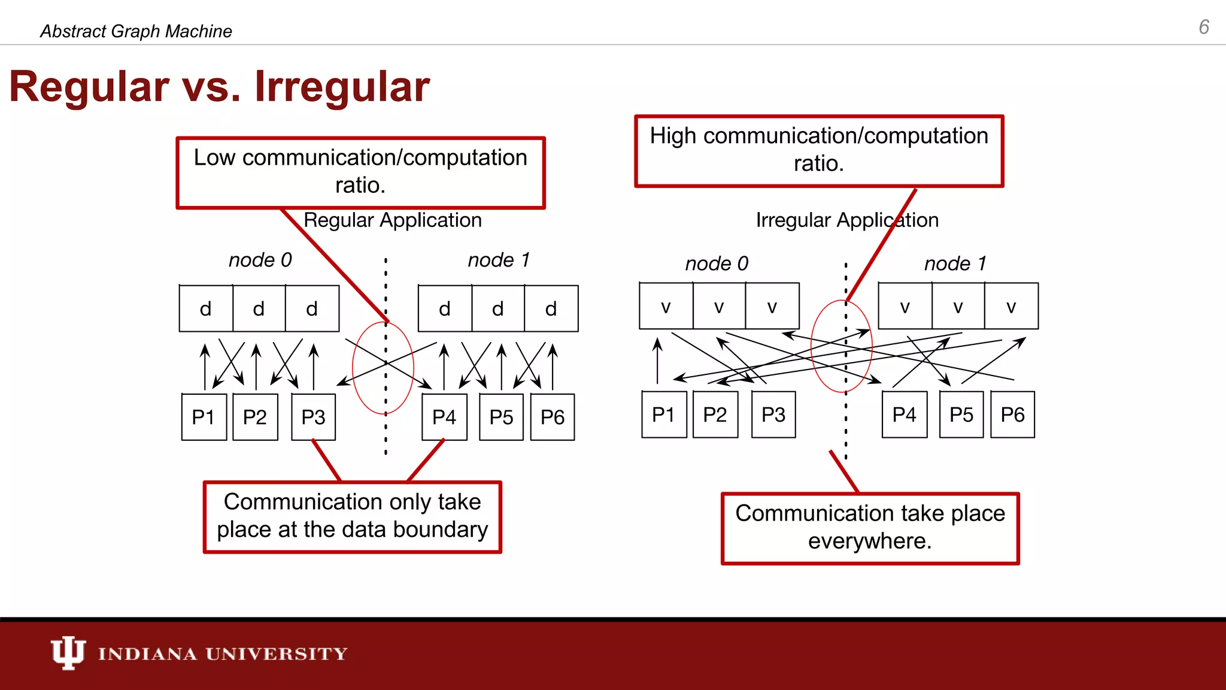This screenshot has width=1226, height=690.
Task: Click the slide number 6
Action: pyautogui.click(x=1203, y=27)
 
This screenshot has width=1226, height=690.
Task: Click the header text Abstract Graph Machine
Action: pyautogui.click(x=136, y=31)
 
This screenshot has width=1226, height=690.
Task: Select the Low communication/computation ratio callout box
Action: pyautogui.click(x=360, y=172)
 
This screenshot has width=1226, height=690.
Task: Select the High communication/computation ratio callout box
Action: pyautogui.click(x=818, y=150)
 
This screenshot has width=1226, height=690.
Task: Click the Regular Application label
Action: pyautogui.click(x=392, y=220)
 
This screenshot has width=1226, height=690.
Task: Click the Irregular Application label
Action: pyautogui.click(x=846, y=220)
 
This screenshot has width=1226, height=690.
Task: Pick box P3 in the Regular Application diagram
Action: pyautogui.click(x=313, y=417)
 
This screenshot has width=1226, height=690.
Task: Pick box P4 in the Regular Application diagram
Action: pyautogui.click(x=444, y=417)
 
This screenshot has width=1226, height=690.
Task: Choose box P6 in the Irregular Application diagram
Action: pyautogui.click(x=1012, y=414)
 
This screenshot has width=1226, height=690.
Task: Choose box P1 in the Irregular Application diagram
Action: pyautogui.click(x=663, y=414)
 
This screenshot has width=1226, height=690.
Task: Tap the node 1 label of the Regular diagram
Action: pyautogui.click(x=499, y=260)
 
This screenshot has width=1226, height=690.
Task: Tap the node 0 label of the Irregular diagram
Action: pyautogui.click(x=717, y=264)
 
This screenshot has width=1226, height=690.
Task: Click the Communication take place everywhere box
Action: pyautogui.click(x=870, y=528)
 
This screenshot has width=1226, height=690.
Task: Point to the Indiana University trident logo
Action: pyautogui.click(x=67, y=652)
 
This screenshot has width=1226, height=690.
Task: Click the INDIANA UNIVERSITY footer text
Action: pyautogui.click(x=223, y=653)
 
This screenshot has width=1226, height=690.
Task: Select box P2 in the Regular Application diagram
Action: pyautogui.click(x=255, y=417)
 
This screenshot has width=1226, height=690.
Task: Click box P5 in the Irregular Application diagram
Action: pyautogui.click(x=961, y=414)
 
